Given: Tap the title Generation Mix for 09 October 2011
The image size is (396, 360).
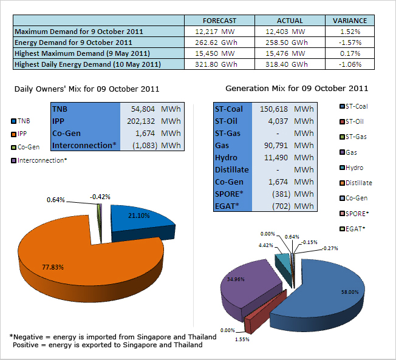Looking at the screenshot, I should (296, 89).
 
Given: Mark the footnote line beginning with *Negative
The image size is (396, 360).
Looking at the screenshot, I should (113, 336).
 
